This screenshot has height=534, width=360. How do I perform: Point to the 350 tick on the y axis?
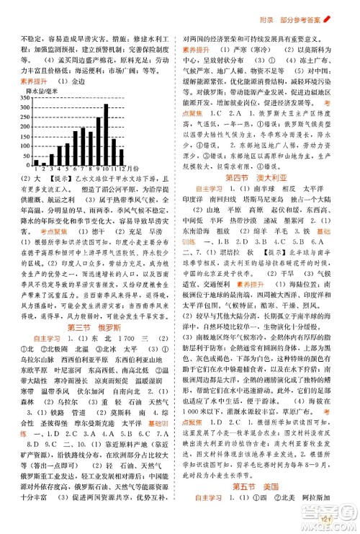tap(19, 98)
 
